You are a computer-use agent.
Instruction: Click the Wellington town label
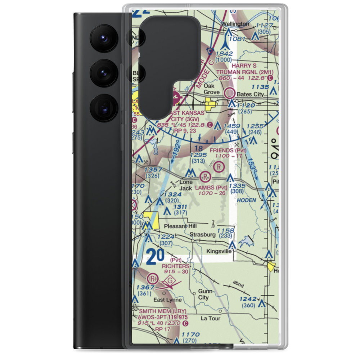[x=235, y=24]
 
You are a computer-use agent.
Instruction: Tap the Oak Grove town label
[x=212, y=89]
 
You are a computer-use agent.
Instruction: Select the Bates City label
[x=251, y=94]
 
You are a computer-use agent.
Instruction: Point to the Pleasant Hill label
[x=180, y=226]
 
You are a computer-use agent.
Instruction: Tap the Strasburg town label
[x=203, y=234]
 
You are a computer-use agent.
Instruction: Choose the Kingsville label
[x=219, y=251]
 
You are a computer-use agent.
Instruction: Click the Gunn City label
[x=203, y=294]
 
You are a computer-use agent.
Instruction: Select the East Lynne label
[x=165, y=300]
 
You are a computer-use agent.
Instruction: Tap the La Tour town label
[x=210, y=318]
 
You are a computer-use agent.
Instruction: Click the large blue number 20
[x=156, y=257]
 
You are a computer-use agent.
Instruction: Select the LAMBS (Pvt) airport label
[x=212, y=188]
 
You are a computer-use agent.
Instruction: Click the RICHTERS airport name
[x=175, y=266]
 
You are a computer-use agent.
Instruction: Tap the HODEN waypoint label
[x=247, y=200]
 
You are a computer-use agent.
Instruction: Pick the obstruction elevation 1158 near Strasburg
[x=226, y=230]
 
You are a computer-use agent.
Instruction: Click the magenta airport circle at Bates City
[x=229, y=94]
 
